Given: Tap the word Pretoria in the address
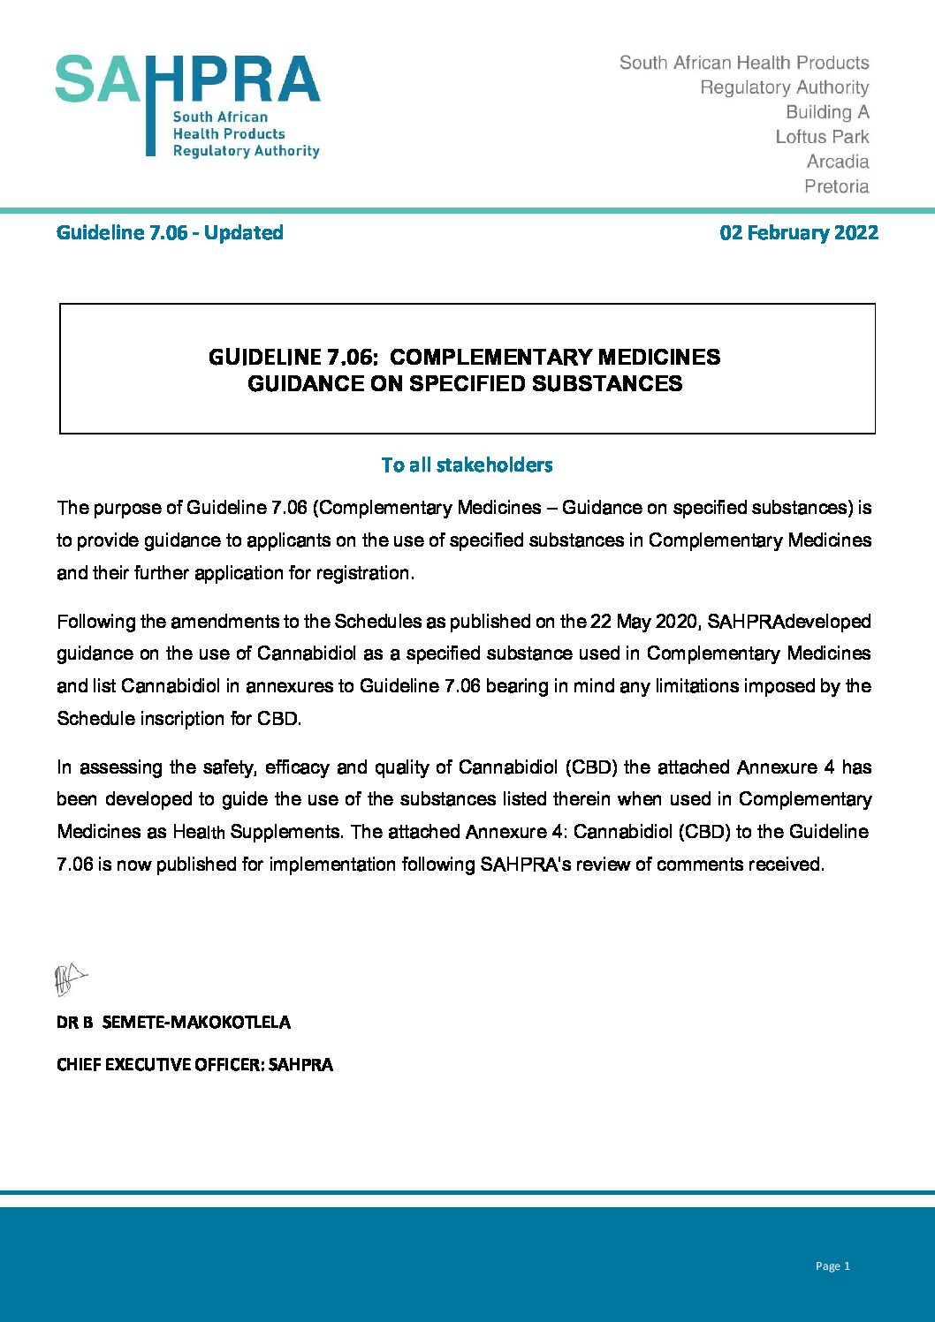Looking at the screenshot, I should (836, 186).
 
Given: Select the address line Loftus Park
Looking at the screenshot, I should (822, 137).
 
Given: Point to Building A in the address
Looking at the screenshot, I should (827, 112).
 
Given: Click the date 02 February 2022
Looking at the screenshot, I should (799, 233).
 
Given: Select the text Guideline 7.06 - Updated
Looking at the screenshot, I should (170, 233).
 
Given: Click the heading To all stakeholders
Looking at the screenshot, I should (467, 465).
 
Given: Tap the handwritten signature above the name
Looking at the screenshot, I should (70, 979).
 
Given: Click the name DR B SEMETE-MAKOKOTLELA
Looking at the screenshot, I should (173, 1023).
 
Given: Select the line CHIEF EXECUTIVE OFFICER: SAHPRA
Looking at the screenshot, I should (194, 1065).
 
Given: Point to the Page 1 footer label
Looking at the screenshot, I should (832, 1266).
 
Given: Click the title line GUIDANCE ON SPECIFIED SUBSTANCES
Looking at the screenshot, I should (465, 384).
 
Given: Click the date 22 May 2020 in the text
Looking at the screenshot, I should (643, 622).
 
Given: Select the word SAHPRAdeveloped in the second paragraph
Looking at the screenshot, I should (789, 622).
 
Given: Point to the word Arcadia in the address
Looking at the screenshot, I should (837, 162).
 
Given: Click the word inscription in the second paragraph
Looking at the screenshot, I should (184, 719).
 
